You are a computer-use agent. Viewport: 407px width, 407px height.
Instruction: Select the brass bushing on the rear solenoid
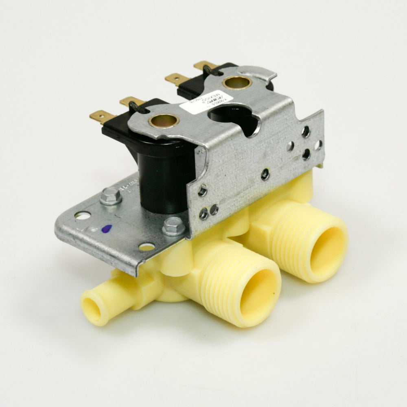coord(237,83)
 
